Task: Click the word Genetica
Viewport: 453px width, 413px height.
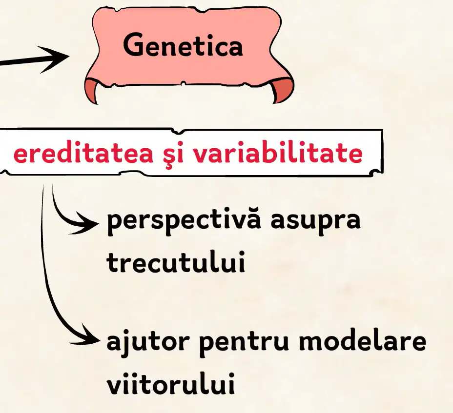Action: click(183, 45)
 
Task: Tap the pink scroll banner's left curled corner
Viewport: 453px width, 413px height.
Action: click(92, 90)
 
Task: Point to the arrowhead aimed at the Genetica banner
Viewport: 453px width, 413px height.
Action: click(55, 59)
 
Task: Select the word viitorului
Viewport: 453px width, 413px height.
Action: click(170, 383)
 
